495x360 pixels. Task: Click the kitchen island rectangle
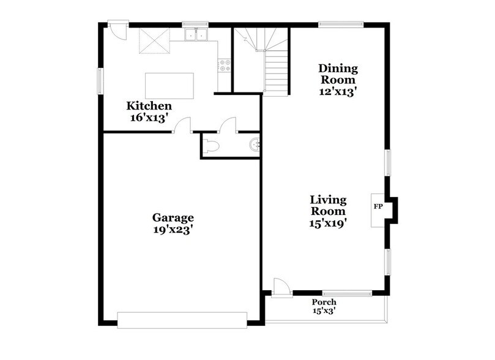pos(169,84)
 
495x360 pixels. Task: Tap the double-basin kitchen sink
pos(196,36)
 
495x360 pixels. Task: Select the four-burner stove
pos(224,65)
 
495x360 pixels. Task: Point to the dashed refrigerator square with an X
pos(154,42)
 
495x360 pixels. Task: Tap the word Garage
pos(173,218)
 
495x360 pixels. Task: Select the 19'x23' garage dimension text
pos(173,230)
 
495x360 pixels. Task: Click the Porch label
pos(324,302)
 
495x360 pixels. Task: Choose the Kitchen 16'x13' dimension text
pos(150,118)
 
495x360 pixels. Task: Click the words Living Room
pos(328,206)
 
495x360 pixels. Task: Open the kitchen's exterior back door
pos(116,30)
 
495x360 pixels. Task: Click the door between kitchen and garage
pos(182,127)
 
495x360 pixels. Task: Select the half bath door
pos(228,126)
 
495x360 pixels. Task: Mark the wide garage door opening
pos(182,319)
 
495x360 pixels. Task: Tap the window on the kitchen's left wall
pos(102,80)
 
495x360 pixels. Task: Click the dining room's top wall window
pos(341,25)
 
